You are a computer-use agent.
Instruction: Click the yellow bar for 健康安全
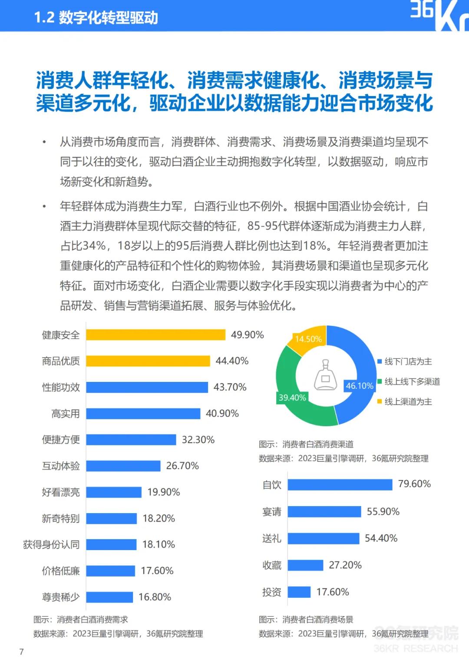[x=155, y=335]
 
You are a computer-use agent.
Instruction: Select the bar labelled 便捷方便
[x=131, y=440]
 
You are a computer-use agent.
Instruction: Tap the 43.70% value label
[x=230, y=387]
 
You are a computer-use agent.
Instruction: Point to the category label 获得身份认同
[x=51, y=544]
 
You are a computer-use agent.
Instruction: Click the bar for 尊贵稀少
[x=109, y=597]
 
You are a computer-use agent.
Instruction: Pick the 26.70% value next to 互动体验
[x=182, y=466]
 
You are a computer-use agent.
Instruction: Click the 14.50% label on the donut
[x=308, y=339]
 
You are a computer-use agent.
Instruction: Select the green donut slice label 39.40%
[x=292, y=398]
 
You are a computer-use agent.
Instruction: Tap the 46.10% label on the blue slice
[x=359, y=386]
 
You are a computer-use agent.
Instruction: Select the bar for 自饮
[x=340, y=484]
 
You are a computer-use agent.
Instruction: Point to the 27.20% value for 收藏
[x=345, y=565]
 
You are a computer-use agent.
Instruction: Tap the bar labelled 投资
[x=299, y=592]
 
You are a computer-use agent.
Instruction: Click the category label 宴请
[x=272, y=511]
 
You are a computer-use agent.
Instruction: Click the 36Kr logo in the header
[x=439, y=15]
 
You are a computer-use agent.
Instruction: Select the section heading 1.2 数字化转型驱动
[x=96, y=17]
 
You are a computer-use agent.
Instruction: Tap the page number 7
[x=22, y=651]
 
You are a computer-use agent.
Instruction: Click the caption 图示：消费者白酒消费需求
[x=81, y=620]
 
